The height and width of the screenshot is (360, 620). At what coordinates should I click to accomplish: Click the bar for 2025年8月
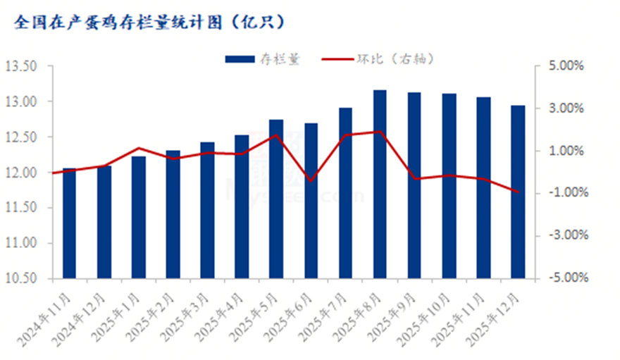(380, 184)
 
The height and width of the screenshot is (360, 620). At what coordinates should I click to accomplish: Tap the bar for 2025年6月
(311, 201)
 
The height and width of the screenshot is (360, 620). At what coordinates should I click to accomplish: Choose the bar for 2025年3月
(207, 210)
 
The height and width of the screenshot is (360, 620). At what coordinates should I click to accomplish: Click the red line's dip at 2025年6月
(311, 181)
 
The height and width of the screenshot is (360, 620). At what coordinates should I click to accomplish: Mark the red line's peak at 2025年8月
(380, 132)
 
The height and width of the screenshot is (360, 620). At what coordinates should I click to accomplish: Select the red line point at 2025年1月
(138, 148)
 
